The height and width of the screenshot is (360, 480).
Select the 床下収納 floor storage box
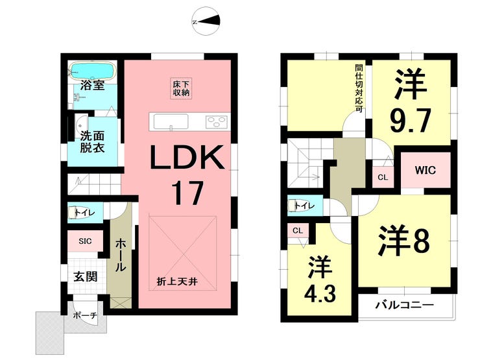[181, 88]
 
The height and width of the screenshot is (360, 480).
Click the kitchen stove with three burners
[217, 122]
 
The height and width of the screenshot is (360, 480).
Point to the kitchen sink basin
[171, 122]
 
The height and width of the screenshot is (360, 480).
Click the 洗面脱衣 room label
[92, 142]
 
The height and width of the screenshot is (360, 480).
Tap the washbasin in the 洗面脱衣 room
[81, 125]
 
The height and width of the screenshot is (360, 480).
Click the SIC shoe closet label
[85, 241]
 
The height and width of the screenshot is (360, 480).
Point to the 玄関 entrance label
[86, 276]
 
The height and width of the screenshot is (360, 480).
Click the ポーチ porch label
[85, 316]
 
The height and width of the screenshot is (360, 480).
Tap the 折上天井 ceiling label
[177, 282]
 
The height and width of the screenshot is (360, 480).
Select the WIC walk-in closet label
[426, 170]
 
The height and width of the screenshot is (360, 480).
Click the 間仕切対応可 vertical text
[359, 88]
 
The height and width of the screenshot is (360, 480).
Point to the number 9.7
[411, 120]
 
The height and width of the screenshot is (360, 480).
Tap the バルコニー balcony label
[405, 305]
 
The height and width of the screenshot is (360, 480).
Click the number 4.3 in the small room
[320, 293]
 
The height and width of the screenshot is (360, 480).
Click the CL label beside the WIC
[383, 177]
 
